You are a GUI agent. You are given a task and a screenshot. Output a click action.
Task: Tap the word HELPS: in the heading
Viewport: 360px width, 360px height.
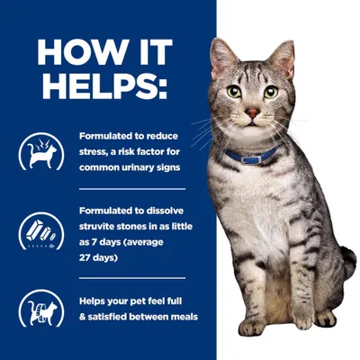click(105, 86)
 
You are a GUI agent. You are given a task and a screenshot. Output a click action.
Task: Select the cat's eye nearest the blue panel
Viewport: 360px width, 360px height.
click(236, 92)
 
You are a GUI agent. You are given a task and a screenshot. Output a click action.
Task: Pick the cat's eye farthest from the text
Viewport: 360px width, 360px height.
click(270, 92)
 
